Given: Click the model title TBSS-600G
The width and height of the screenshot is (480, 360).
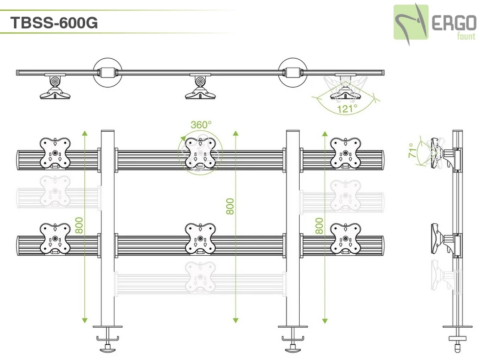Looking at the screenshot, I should coord(54,23).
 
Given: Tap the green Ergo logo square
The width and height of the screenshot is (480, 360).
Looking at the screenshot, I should coord(411,23).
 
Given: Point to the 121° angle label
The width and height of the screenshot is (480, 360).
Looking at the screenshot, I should coord(347,109).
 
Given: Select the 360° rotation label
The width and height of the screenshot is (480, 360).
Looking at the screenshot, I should coord(201,125).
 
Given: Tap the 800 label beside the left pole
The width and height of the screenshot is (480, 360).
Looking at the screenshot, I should coord(79,226).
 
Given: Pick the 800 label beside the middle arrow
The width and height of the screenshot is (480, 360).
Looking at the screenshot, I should coord(231,206).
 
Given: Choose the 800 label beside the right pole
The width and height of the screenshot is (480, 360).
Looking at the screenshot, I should coord(319,226).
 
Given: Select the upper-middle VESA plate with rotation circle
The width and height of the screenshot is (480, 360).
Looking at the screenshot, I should coord(201,153).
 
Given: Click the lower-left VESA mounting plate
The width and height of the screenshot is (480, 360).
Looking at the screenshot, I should coord(54,239).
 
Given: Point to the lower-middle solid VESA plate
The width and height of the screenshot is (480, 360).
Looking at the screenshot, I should coord(200,239).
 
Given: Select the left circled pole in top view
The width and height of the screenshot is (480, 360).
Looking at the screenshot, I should coord(107,72).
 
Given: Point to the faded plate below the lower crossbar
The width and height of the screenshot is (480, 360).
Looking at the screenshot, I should coord(200,277).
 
